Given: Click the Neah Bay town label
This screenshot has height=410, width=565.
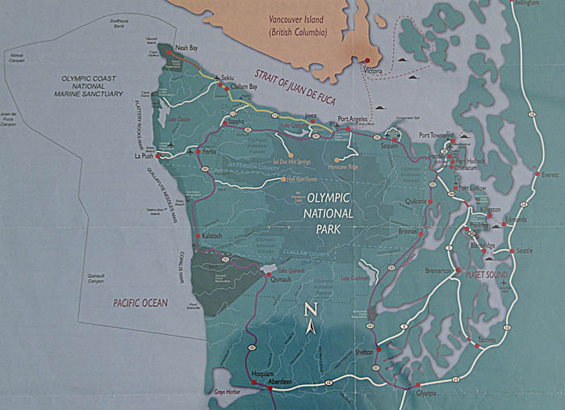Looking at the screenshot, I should point(186,48).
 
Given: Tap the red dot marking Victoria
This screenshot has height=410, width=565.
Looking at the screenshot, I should point(368,61).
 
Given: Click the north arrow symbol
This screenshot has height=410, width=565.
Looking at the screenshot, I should point(311,318).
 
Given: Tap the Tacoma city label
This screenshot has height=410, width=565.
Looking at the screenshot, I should point(487,340).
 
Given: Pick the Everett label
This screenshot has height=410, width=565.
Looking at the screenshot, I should point(550,174).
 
